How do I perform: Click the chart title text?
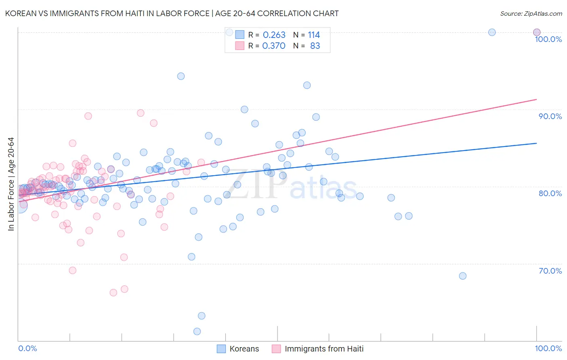tap(172, 13)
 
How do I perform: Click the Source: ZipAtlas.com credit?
tap(531, 13)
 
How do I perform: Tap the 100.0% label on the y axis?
tap(548, 39)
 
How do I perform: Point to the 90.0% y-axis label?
tap(550, 116)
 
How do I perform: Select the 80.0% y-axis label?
tap(550, 193)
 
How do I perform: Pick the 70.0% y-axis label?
tap(550, 271)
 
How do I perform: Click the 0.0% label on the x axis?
tap(27, 349)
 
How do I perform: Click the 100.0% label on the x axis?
tap(548, 349)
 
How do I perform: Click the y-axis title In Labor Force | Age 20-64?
tap(11, 184)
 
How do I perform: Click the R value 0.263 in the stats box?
tap(274, 35)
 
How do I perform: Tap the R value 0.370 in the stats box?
tap(274, 46)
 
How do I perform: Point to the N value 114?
tap(314, 35)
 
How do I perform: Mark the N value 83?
tap(315, 46)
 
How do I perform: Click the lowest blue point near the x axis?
tap(197, 331)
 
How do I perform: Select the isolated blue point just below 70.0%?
tap(463, 276)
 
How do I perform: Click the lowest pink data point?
tap(113, 293)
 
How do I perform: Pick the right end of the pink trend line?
tap(536, 99)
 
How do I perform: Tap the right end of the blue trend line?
tap(536, 143)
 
